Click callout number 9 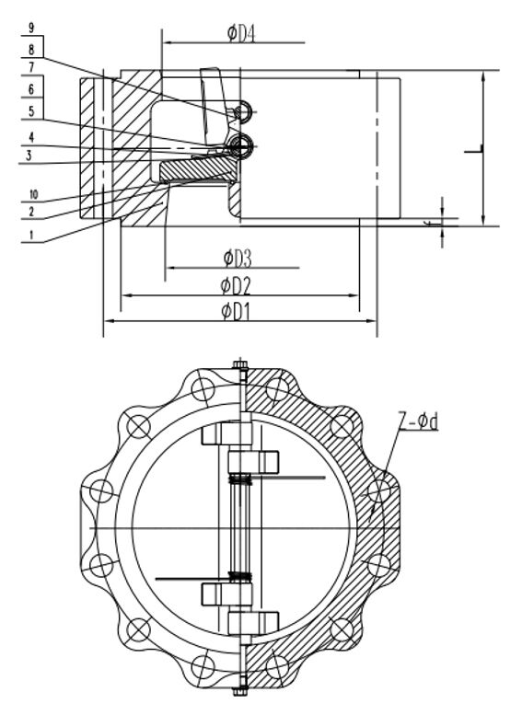31,29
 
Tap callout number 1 31,235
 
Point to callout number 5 31,111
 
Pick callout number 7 31,67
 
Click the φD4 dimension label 240,33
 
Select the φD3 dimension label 238,256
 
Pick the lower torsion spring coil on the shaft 240,577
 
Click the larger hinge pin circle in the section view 242,144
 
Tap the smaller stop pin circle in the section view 242,111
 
